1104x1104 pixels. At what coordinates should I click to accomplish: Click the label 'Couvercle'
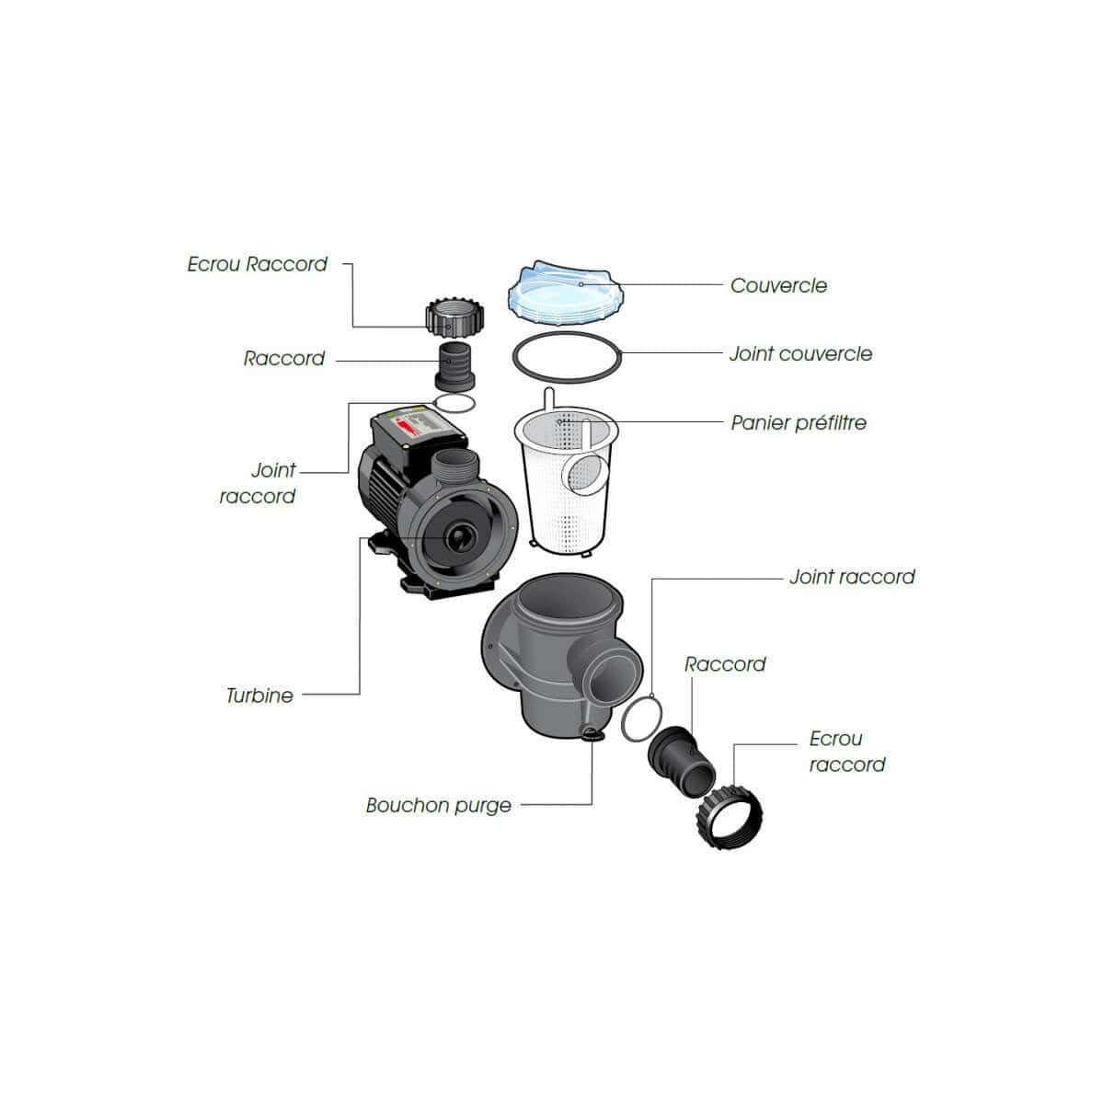pos(778,285)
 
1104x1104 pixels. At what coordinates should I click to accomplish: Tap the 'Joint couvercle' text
pos(800,353)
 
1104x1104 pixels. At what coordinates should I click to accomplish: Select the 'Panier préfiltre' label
pos(799,423)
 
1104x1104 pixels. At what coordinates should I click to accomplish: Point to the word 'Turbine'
pos(259,696)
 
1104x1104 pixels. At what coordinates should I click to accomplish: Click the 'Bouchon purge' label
pos(438,806)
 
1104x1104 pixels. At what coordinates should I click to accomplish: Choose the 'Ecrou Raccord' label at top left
pos(258,264)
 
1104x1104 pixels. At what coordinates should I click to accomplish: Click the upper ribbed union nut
pos(454,318)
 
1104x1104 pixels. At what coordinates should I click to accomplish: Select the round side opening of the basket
pos(585,473)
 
